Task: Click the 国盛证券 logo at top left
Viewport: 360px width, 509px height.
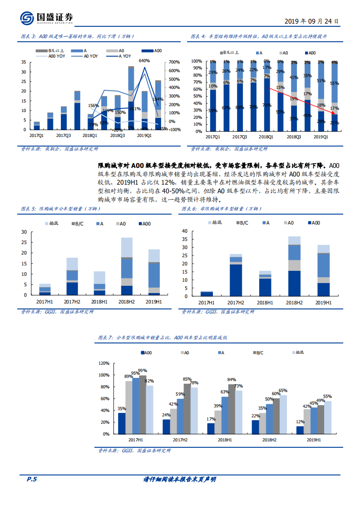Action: [45, 18]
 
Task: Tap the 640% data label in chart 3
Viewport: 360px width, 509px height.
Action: [144, 60]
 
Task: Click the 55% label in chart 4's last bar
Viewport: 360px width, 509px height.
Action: [335, 83]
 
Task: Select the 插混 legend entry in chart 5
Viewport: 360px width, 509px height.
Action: [53, 223]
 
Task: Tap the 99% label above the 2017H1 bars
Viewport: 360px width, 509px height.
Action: [142, 371]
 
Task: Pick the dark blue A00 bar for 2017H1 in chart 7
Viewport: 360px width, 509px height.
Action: [122, 423]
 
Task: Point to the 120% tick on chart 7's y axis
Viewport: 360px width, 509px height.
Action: [104, 363]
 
